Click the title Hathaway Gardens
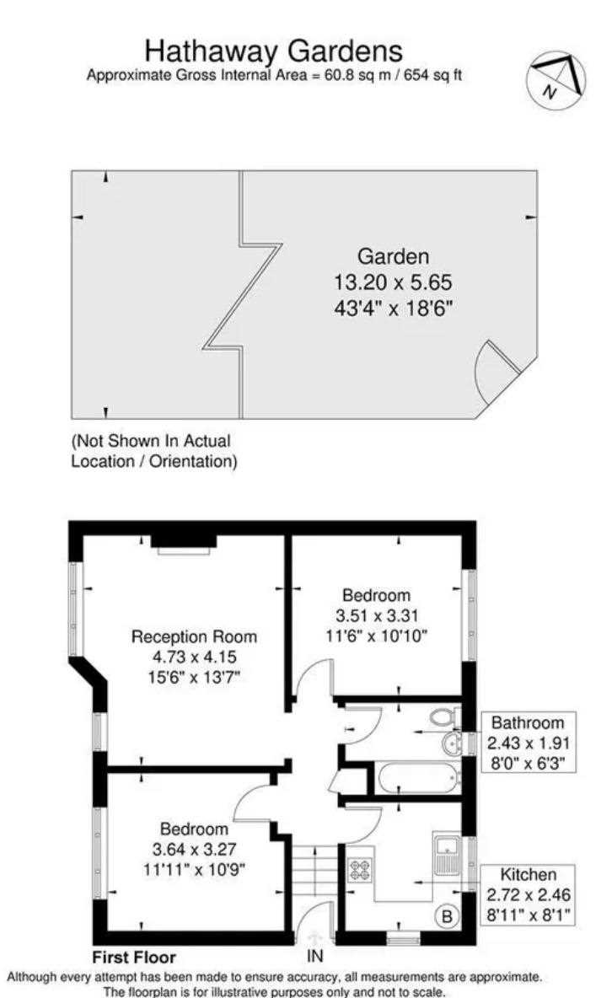point(274,51)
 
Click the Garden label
point(393,256)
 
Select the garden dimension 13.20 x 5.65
point(393,282)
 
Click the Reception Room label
point(194,636)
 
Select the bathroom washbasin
point(453,743)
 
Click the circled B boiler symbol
point(447,916)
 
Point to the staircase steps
point(314,872)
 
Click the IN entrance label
point(315,956)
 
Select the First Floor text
point(134,958)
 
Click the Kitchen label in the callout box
point(528,875)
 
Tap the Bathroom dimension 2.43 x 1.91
point(529,743)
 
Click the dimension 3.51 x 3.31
point(376,615)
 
